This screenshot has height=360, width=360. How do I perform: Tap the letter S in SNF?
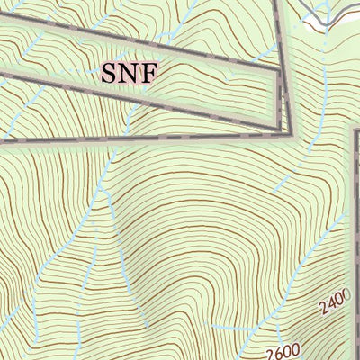point(109,73)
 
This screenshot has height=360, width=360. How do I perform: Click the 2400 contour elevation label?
point(334,306)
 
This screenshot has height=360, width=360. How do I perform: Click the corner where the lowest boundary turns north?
point(290,136)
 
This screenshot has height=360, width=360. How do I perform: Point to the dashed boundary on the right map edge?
point(355,225)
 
